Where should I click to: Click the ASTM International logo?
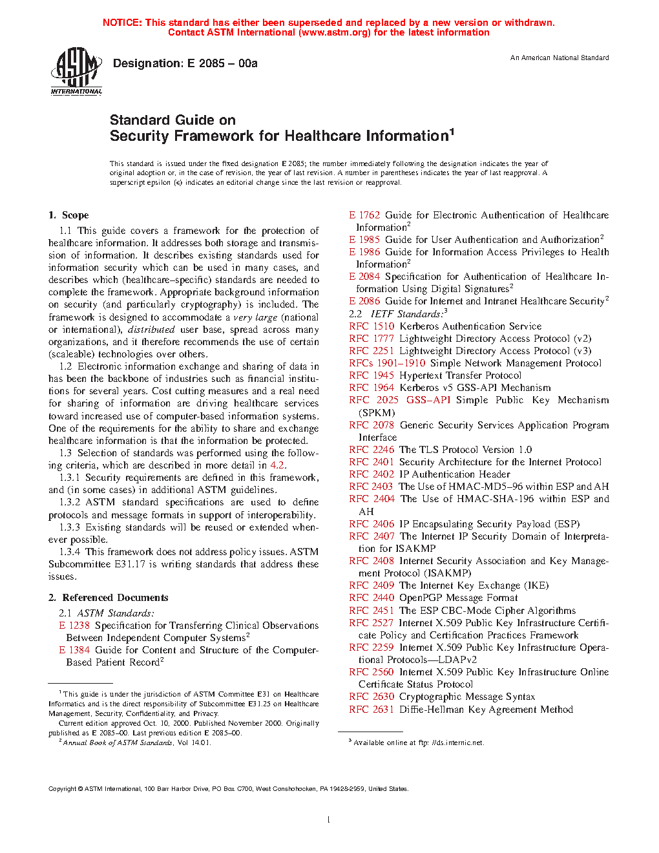pos(76,70)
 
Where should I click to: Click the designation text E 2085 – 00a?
pos(185,63)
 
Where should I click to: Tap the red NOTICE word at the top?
pos(122,23)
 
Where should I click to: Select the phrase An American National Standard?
pos(560,58)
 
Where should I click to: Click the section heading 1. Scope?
pos(68,215)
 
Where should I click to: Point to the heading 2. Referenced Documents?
pos(108,598)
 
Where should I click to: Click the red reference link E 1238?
pos(74,626)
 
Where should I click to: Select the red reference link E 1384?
pos(74,650)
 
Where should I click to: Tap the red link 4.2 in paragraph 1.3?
pos(277,465)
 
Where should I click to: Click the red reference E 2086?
pos(364,301)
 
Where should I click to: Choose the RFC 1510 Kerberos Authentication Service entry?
pos(445,326)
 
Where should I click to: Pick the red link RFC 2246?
pos(371,450)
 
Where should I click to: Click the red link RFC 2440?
pos(371,598)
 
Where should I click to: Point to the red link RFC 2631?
pos(371,710)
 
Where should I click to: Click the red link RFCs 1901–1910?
pos(387,363)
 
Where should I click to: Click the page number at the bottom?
pos(329,820)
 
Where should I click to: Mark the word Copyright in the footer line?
pos(63,788)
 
